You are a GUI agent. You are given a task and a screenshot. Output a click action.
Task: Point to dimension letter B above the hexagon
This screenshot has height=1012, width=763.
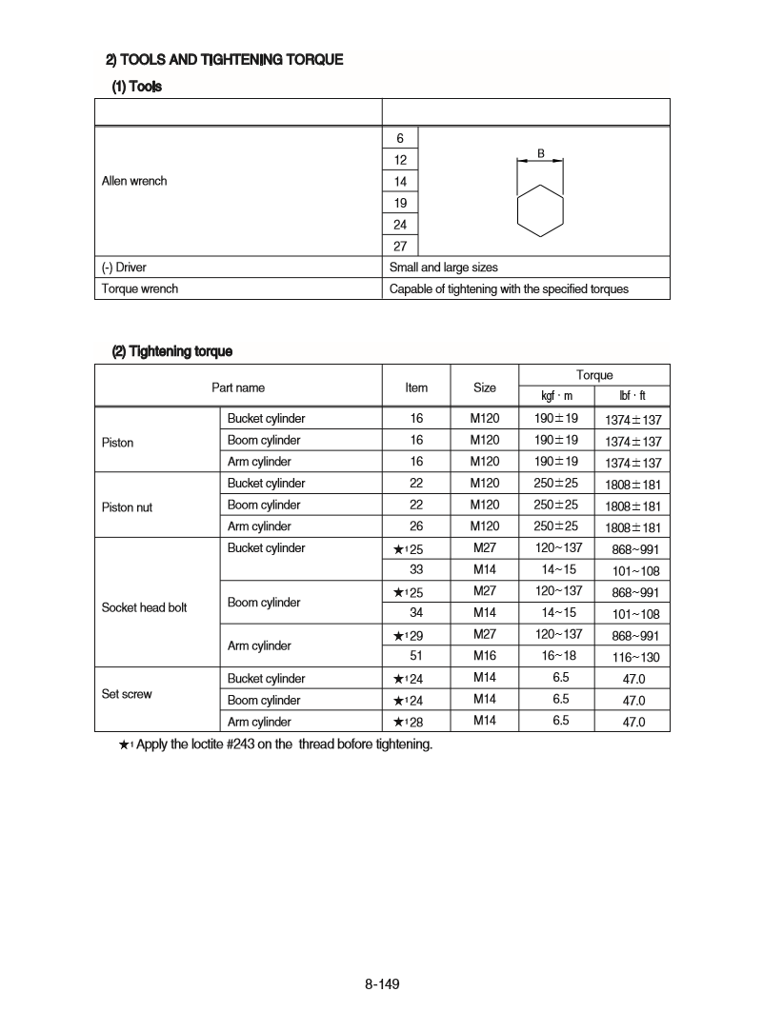tap(540, 153)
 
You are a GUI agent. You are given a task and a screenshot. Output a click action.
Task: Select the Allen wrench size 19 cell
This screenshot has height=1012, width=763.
tap(400, 203)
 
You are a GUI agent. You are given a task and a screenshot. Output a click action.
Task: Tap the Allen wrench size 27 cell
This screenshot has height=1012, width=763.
tap(400, 246)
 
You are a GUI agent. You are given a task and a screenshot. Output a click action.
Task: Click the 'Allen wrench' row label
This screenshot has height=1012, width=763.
tap(134, 181)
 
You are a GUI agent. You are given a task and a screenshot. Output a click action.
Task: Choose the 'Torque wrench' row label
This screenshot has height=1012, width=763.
tap(140, 288)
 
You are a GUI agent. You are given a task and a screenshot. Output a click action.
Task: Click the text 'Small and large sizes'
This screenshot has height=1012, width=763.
tap(443, 268)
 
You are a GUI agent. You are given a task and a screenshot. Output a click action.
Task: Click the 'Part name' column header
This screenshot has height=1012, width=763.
tap(238, 387)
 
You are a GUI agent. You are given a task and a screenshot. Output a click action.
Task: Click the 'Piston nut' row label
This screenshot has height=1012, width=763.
tap(127, 507)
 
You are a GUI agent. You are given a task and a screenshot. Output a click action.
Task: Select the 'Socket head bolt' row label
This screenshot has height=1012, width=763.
tap(144, 607)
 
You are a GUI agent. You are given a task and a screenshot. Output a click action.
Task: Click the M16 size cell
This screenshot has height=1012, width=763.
tap(485, 656)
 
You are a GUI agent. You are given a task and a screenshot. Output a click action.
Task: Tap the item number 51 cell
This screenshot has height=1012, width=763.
tap(416, 656)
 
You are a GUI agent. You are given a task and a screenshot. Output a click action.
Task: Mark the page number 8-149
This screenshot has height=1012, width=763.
tap(381, 983)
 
